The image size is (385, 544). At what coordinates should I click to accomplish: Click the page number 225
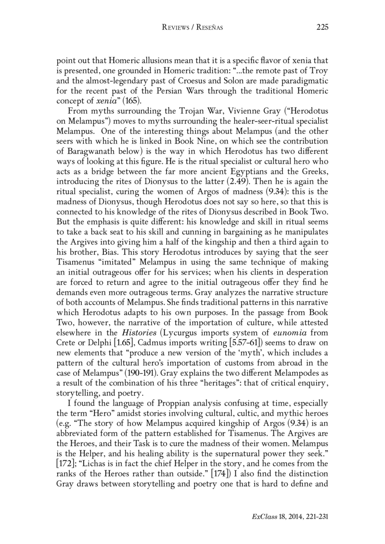point(322,27)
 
